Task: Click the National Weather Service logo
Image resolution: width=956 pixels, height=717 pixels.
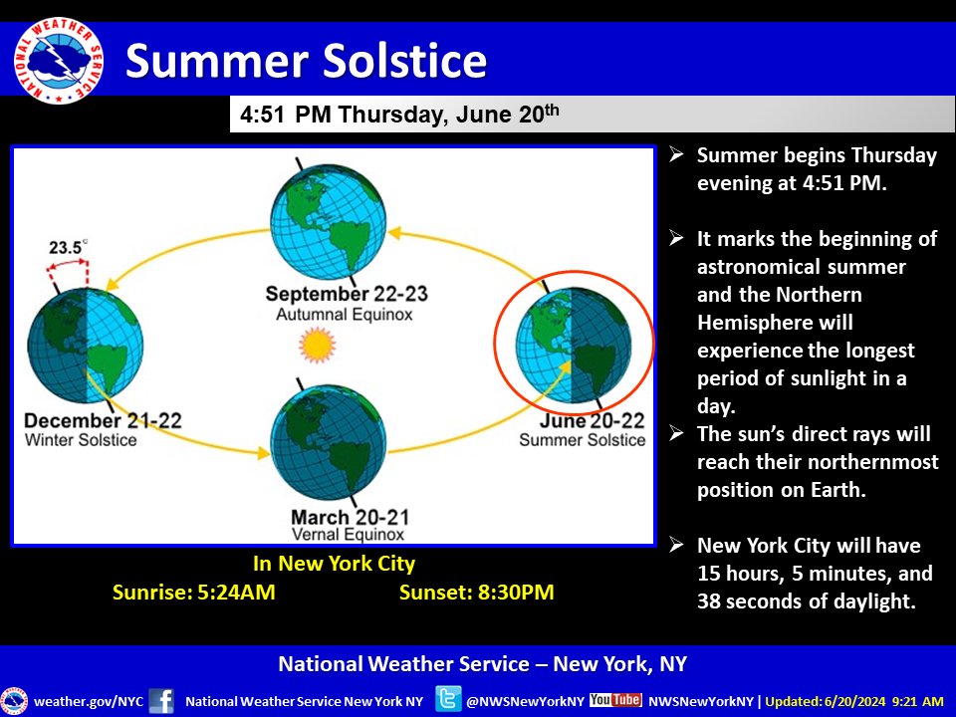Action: (x=59, y=59)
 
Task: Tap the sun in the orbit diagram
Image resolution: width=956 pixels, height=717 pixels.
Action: (x=318, y=346)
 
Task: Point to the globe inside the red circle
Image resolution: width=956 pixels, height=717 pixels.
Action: (x=573, y=345)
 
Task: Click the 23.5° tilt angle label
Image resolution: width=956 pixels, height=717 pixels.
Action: (x=67, y=247)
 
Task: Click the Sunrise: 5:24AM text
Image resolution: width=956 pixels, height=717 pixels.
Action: (x=194, y=593)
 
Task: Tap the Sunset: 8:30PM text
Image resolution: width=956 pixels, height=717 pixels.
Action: (x=476, y=593)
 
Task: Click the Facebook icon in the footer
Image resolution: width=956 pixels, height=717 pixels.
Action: (x=161, y=700)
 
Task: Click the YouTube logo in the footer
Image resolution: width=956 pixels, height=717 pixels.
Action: (x=615, y=699)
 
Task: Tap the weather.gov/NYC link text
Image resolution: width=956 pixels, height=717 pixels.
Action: (x=88, y=701)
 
